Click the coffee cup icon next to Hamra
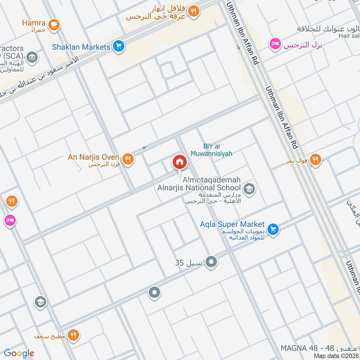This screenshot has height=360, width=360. click(54, 24)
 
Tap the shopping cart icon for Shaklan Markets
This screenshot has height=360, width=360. click(119, 46)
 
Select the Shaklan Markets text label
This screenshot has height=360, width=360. click(81, 47)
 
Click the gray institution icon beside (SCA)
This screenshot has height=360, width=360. click(32, 58)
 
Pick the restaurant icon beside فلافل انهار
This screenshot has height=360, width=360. click(194, 11)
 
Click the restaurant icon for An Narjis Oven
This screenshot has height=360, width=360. click(128, 158)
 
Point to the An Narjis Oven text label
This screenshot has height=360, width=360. click(93, 157)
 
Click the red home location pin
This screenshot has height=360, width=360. click(180, 162)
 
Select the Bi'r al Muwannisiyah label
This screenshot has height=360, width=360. click(218, 150)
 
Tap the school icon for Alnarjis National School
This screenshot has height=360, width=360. click(249, 189)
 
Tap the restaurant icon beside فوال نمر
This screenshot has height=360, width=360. click(315, 159)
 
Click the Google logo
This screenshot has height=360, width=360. click(19, 353)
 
